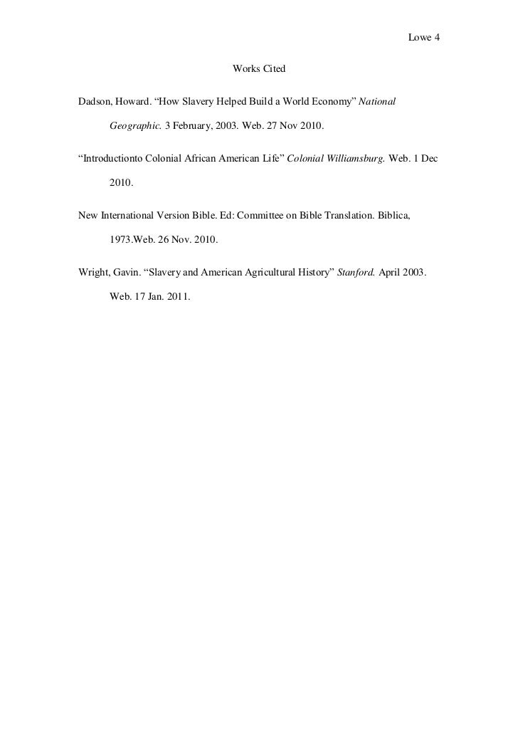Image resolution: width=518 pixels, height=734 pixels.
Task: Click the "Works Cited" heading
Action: point(259,70)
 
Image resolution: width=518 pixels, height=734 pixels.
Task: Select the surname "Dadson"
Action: point(93,102)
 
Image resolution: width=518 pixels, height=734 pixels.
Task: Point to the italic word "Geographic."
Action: point(135,125)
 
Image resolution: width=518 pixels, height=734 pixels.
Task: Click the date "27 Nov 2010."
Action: point(292,125)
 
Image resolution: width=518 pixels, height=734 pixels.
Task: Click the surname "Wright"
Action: point(92,271)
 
